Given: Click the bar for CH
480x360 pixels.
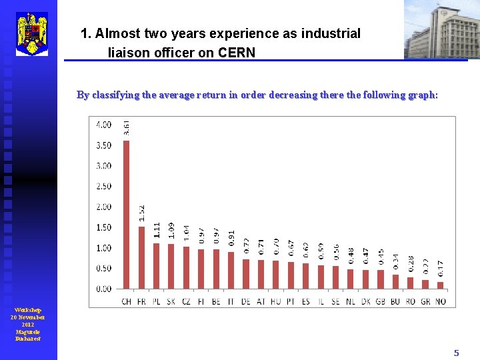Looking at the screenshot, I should [127, 215].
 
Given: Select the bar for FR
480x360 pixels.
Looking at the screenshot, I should [141, 257].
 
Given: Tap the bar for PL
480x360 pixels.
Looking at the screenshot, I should [156, 266].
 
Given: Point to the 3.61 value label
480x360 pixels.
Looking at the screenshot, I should [127, 127].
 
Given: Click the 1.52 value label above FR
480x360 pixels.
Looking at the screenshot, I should [141, 213].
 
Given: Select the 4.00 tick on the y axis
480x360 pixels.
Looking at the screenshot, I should [104, 124].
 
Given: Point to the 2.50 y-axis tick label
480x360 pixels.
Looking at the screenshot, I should [104, 186].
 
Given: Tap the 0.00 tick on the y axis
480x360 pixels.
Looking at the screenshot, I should [104, 289].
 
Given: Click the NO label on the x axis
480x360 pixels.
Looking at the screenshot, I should [441, 301].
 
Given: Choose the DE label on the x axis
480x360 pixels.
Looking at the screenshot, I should [246, 301].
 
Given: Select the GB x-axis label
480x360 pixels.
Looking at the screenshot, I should [381, 301].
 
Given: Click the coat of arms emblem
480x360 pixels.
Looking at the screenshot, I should [32, 33].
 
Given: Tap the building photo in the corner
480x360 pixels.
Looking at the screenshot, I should [441, 29].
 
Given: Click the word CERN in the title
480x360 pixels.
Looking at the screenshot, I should [237, 52].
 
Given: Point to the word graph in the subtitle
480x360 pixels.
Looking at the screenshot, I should [421, 95].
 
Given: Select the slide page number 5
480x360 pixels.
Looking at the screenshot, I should [457, 353].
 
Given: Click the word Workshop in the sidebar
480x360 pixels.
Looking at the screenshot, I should [28, 310].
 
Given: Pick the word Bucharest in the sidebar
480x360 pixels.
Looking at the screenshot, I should [28, 338].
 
